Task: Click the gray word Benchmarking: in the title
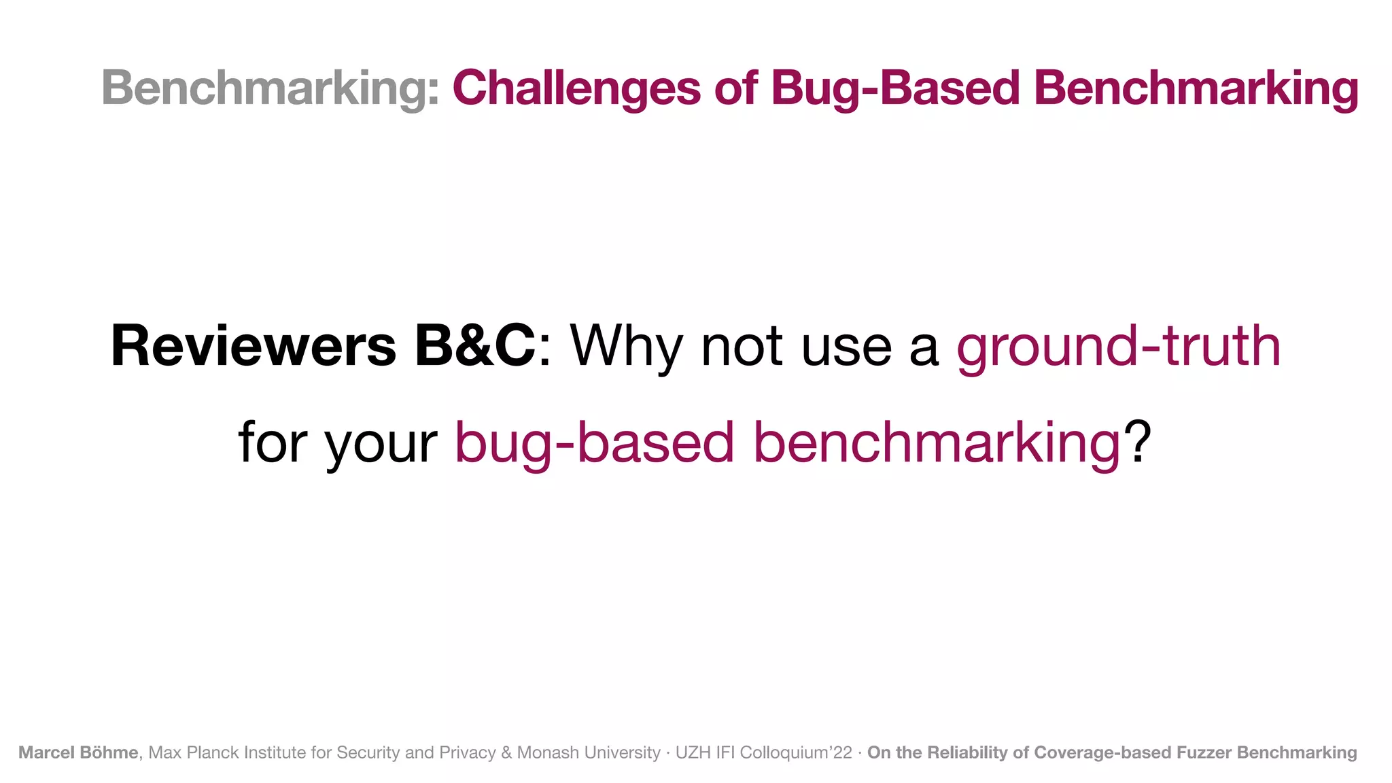coord(271,88)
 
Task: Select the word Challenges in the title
coord(576,88)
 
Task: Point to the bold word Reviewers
coord(253,347)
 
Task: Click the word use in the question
coord(846,347)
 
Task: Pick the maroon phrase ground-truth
coord(1118,347)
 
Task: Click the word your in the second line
coord(381,443)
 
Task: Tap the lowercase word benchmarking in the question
coord(937,443)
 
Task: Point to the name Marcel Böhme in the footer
coord(78,752)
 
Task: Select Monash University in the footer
coord(588,752)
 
